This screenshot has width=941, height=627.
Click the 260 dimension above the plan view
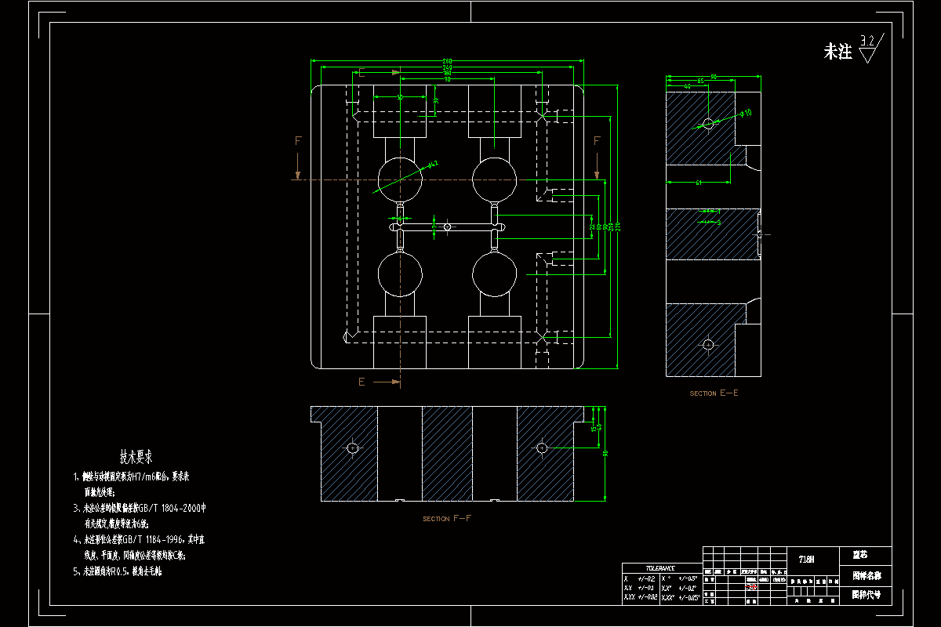pos(447,61)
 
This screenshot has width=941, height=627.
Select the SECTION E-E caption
pos(714,393)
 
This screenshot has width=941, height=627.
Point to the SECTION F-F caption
pos(447,519)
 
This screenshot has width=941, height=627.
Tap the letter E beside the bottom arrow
pos(362,382)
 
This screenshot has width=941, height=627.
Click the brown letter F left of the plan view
pos(298,141)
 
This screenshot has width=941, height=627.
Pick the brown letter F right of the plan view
pos(597,141)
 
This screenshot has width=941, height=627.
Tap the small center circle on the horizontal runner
pos(447,227)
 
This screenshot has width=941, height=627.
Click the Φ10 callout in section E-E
pos(746,113)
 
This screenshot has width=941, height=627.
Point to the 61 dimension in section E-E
pos(699,183)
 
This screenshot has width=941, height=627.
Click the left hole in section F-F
pos(353,448)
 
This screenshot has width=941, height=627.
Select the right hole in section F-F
pos(541,448)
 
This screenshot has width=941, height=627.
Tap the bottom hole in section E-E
pos(708,344)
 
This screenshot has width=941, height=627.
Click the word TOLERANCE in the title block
pos(661,568)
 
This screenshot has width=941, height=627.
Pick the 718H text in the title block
pos(806,559)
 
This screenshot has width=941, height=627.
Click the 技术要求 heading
pos(136,455)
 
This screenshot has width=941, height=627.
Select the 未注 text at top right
pos(837,53)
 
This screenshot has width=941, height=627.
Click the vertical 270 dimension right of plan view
pos(618,227)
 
